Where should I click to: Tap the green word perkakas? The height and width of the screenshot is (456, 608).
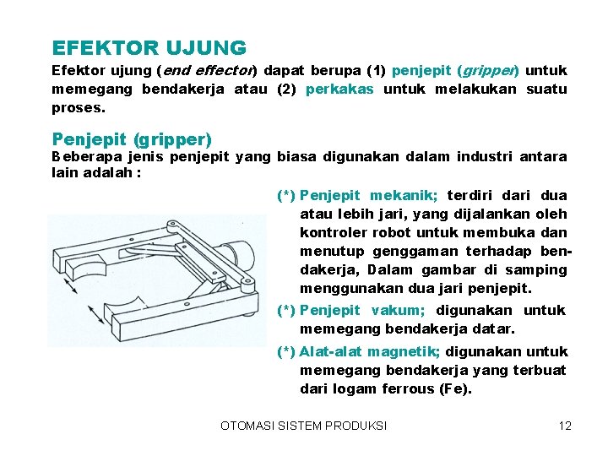coord(339,89)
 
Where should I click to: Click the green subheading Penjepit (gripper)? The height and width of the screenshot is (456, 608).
coord(132,138)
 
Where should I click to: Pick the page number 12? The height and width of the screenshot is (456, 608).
coord(565,426)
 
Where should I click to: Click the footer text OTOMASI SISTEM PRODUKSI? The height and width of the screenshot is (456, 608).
coord(303,426)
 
